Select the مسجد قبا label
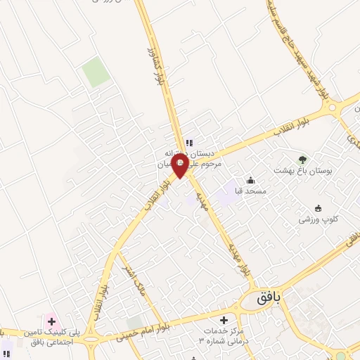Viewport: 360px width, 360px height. coord(250,192)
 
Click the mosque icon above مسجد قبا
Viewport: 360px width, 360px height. coord(250,180)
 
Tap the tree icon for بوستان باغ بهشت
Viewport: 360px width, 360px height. coord(303,159)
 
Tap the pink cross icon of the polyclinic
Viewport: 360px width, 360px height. coord(51,321)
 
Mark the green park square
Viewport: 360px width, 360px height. coord(94,72)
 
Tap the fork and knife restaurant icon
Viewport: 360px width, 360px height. coord(189,143)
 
